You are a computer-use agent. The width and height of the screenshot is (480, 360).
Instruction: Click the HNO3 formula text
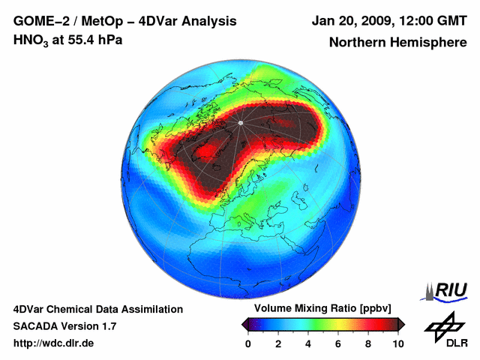click(31, 40)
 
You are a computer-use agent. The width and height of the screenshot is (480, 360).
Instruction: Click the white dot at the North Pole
click(241, 122)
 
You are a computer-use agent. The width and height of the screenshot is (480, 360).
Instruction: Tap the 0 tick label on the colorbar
click(248, 343)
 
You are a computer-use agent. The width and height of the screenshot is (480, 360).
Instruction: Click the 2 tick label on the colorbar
click(278, 343)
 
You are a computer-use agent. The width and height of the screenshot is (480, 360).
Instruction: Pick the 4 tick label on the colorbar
click(308, 343)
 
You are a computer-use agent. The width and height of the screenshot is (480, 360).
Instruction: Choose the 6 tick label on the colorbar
click(338, 343)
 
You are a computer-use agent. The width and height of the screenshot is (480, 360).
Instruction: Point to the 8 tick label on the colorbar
click(368, 343)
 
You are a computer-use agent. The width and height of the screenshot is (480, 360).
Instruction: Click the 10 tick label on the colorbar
click(397, 343)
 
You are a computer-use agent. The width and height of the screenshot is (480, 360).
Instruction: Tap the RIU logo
click(448, 290)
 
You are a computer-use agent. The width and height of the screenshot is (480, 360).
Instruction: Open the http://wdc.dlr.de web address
click(54, 343)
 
